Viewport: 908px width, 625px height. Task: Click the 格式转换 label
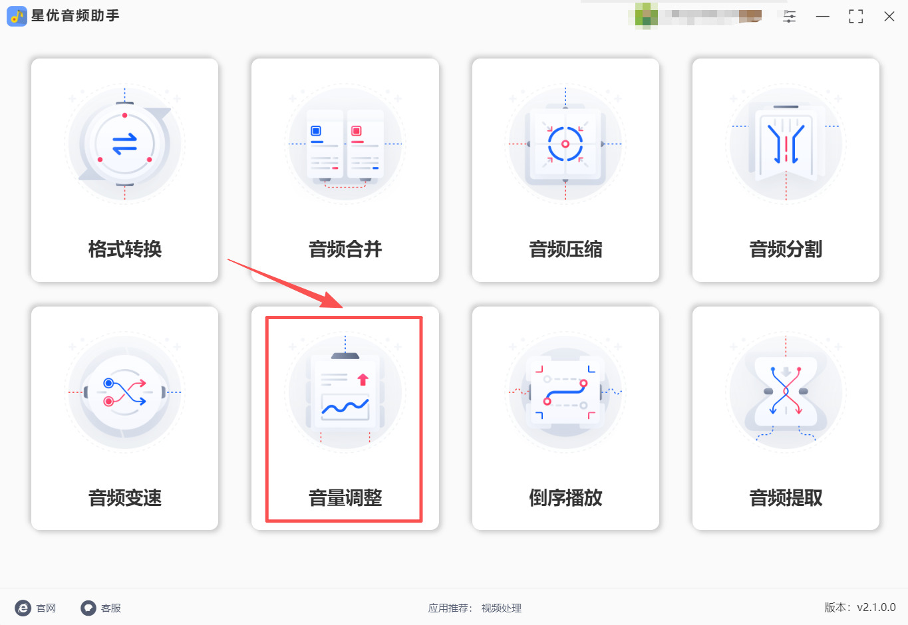click(x=125, y=249)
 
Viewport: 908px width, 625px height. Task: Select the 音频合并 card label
click(x=345, y=249)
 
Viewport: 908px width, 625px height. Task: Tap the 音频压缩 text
click(x=565, y=249)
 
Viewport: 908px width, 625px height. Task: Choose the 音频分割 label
click(x=786, y=249)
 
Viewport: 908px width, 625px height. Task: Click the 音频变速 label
click(x=125, y=498)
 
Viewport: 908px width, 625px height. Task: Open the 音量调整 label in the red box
click(x=345, y=498)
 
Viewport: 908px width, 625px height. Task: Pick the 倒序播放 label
click(x=565, y=498)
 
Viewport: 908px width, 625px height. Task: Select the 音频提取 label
click(x=786, y=498)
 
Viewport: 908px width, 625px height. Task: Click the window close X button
click(x=889, y=17)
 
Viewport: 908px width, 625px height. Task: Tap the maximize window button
click(x=855, y=17)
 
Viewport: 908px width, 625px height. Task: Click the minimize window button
click(x=823, y=17)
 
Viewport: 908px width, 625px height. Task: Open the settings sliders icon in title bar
click(x=790, y=17)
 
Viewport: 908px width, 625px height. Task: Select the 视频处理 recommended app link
click(x=502, y=608)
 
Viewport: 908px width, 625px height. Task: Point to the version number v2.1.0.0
click(x=876, y=607)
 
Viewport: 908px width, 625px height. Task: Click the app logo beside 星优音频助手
click(x=17, y=16)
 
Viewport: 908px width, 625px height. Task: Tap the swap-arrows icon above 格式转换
click(x=124, y=144)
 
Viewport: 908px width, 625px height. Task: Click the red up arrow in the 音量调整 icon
click(x=363, y=380)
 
